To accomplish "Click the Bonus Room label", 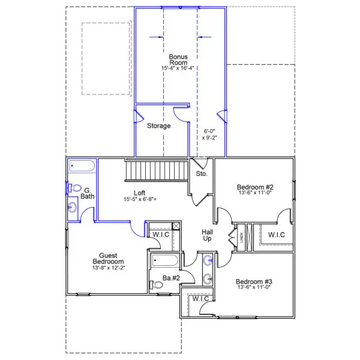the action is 178,59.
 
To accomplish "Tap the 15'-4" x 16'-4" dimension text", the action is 178,68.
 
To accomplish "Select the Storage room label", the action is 158,125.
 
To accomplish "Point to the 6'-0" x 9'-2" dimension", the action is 209,134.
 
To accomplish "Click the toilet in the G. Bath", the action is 74,188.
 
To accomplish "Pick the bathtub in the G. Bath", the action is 82,166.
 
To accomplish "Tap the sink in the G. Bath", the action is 73,208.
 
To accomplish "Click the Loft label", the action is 140,193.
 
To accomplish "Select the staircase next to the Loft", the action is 157,170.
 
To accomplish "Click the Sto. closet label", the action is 202,173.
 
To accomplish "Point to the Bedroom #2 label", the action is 255,187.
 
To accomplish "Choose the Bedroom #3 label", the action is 254,281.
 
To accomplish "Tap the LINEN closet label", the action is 241,238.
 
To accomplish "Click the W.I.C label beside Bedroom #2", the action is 277,235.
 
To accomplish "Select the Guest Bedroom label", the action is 108,258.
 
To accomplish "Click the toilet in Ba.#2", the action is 156,285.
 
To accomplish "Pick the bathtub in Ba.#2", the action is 164,260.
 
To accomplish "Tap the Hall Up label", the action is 208,235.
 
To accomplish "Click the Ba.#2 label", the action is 171,278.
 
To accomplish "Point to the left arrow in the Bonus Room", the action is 156,37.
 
